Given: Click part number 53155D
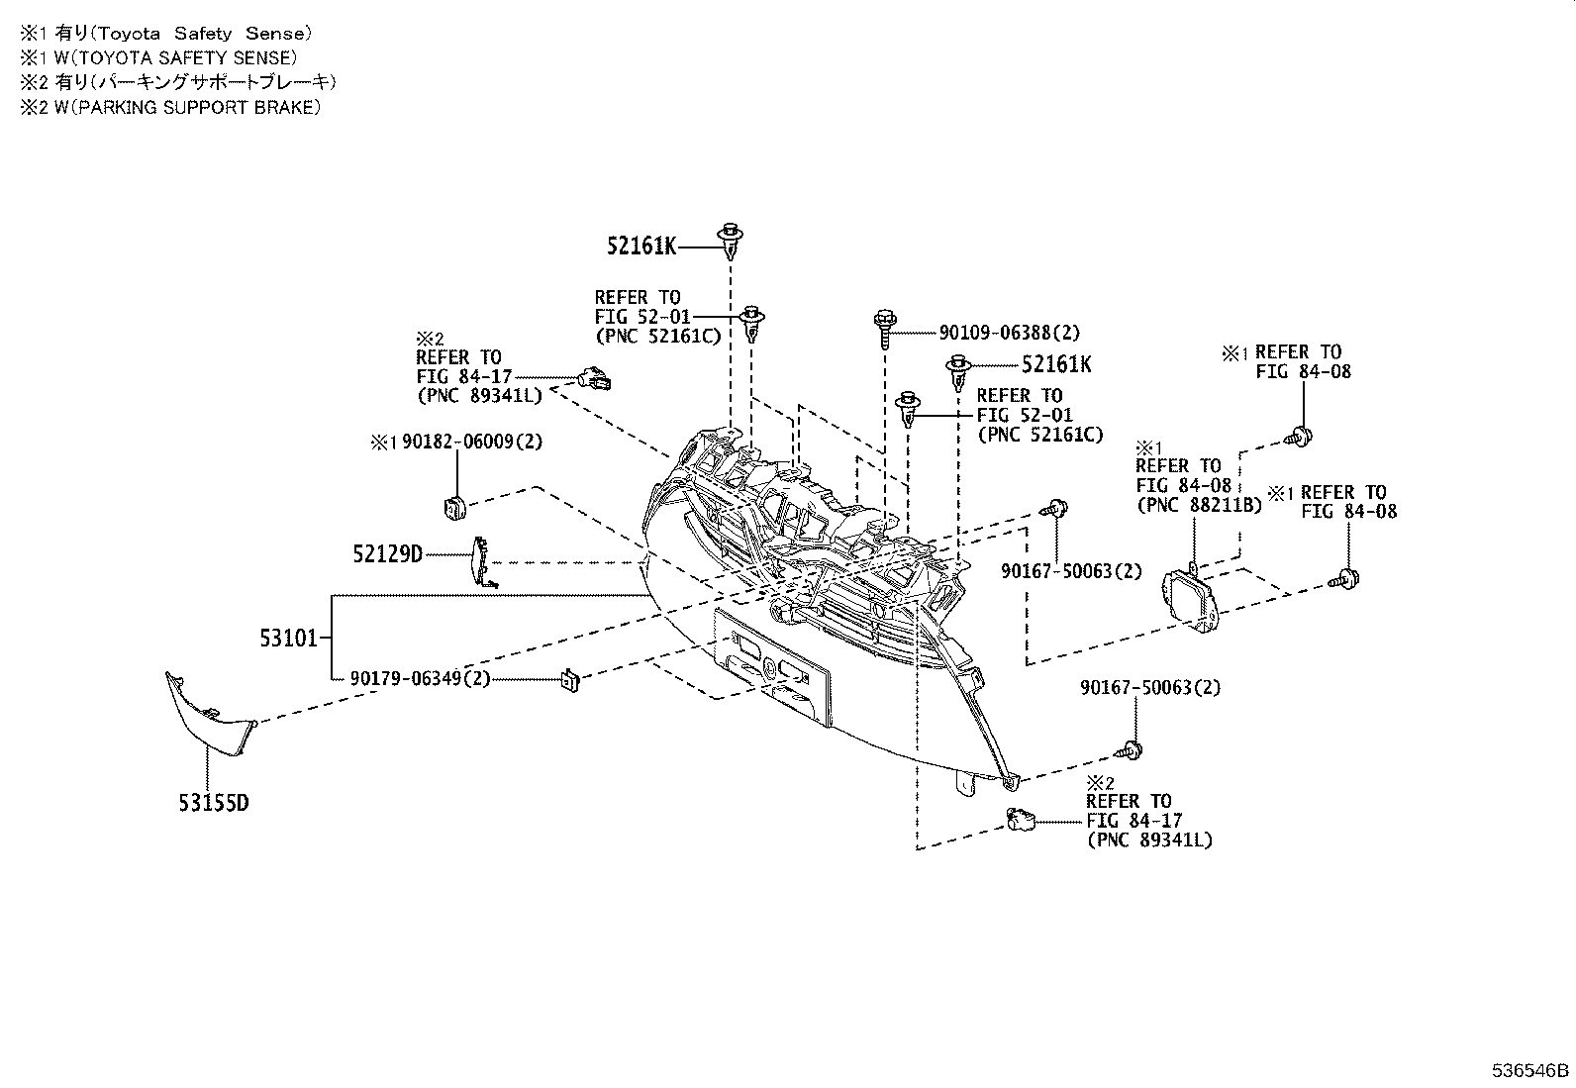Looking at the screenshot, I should tap(213, 802).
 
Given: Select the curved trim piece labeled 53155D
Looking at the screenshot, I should tap(210, 718).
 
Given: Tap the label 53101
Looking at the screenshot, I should tap(289, 640).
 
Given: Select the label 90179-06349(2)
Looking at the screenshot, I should tap(420, 679).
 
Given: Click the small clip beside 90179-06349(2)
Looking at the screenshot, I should tap(569, 680).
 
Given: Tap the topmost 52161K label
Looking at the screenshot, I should tap(641, 247).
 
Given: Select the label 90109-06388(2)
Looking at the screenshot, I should tap(995, 334).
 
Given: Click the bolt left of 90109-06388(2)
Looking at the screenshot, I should tap(884, 327).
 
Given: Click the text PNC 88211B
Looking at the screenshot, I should tap(1199, 505).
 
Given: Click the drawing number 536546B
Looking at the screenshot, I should tap(1531, 1070).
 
